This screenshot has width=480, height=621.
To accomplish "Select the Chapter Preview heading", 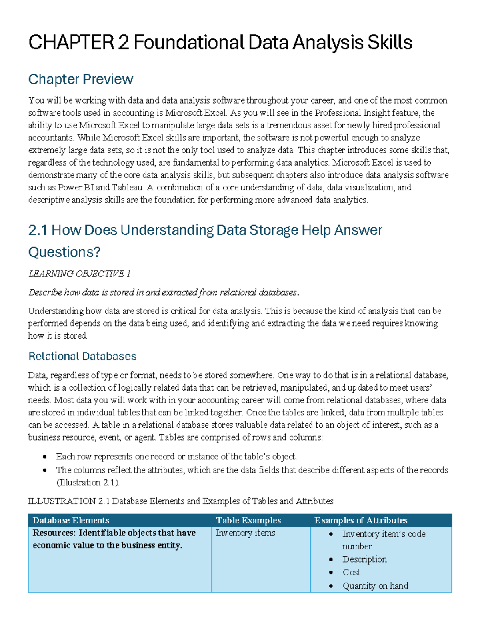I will point(80,79).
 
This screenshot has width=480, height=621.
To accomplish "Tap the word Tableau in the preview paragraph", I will point(127,187).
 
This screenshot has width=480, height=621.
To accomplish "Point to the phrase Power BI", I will point(76,187).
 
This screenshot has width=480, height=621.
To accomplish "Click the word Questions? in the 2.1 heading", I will point(64,252).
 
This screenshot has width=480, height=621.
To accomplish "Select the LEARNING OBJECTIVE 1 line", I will point(79,274).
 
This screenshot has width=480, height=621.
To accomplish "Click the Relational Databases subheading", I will point(82,356).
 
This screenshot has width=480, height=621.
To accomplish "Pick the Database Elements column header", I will point(71,520).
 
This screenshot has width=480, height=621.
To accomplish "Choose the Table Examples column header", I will point(248,520).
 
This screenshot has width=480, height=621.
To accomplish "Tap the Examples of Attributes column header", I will point(361,520).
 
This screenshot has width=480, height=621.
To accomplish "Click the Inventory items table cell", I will point(246,533).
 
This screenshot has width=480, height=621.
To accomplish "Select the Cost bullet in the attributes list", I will point(351,572).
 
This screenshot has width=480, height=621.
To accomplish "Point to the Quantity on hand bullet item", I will point(375,586).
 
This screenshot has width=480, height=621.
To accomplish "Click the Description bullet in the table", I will point(364,559).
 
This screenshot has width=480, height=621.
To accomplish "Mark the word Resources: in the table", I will point(54,533).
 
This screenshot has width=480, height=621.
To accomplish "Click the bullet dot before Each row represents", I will point(45,457).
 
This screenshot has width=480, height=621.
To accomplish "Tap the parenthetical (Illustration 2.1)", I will point(88,483).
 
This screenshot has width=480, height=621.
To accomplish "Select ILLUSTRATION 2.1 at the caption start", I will point(68,501).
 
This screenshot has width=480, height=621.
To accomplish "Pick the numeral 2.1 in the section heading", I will point(38,230).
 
